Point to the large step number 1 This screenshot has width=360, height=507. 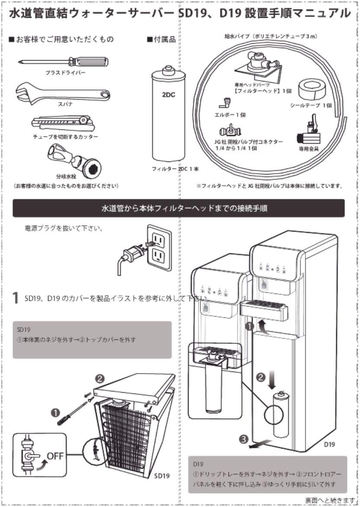point(16,298)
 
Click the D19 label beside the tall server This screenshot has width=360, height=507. point(330,444)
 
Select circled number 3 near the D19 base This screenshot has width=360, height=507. point(244,439)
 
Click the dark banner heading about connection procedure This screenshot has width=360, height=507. point(179,208)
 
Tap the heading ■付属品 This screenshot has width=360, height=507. point(161,39)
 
